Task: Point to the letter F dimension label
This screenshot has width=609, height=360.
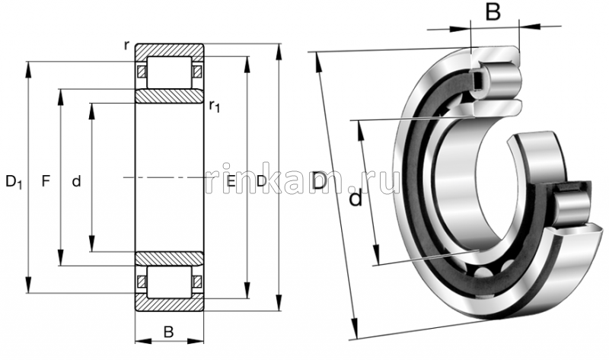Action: click(x=46, y=181)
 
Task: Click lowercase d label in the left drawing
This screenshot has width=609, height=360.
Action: click(x=75, y=181)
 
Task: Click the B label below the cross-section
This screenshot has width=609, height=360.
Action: click(x=169, y=332)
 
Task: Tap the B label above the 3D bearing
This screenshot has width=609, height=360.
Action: click(x=493, y=12)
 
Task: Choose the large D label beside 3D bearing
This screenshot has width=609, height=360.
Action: click(x=320, y=181)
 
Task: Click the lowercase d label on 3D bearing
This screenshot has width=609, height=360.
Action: click(x=355, y=199)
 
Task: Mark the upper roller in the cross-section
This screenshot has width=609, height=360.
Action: click(x=169, y=72)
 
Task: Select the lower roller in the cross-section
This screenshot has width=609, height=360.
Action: click(x=169, y=282)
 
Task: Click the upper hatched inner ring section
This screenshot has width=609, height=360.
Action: click(x=169, y=97)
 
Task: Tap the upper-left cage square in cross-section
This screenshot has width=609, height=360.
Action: click(x=141, y=72)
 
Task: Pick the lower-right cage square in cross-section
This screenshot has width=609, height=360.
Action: click(x=198, y=282)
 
